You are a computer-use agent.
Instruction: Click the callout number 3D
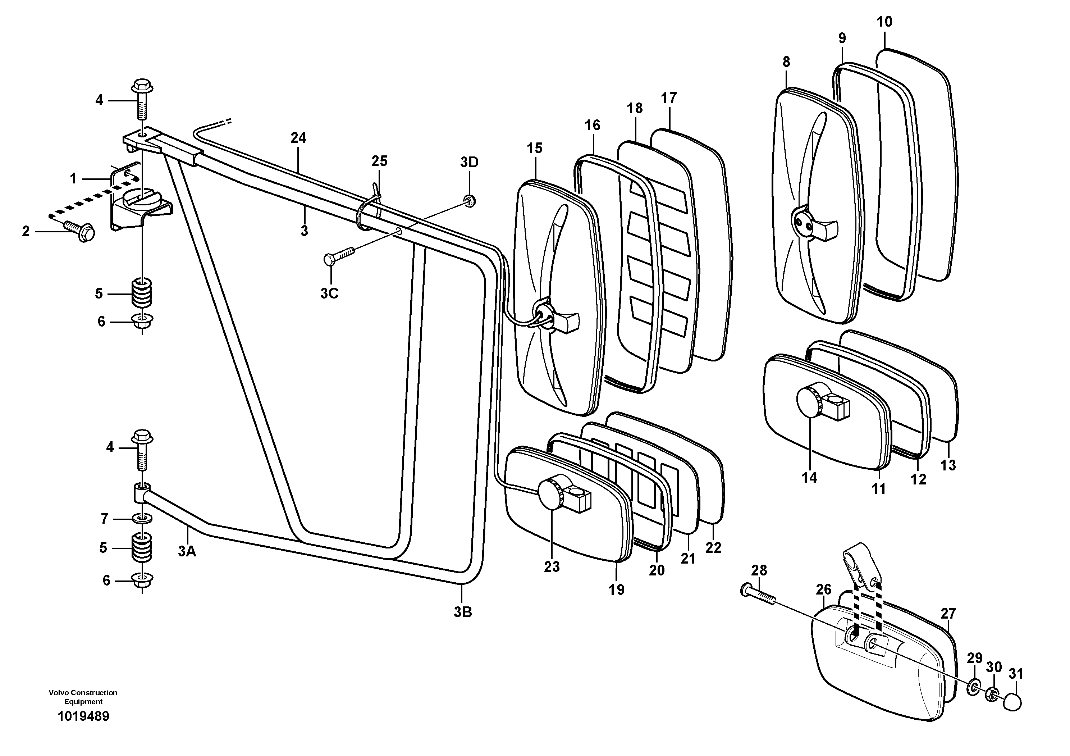tap(469, 162)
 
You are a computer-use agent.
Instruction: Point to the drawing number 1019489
tap(83, 716)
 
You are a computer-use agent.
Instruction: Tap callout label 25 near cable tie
tap(379, 161)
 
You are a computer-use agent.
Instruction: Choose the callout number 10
tap(884, 22)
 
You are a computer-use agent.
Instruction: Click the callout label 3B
tap(463, 612)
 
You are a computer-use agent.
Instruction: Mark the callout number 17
tap(668, 98)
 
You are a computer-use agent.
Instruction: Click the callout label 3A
tap(187, 551)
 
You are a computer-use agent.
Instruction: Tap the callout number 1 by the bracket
tap(73, 178)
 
